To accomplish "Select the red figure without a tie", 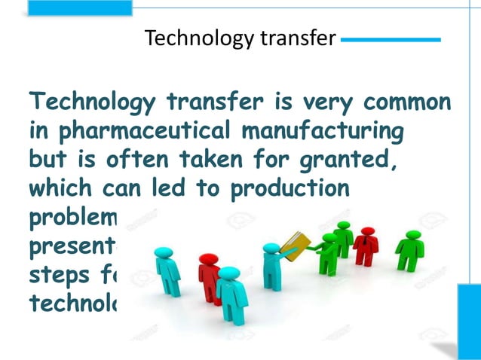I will pos(209,276).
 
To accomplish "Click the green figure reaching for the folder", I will pos(329,256).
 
